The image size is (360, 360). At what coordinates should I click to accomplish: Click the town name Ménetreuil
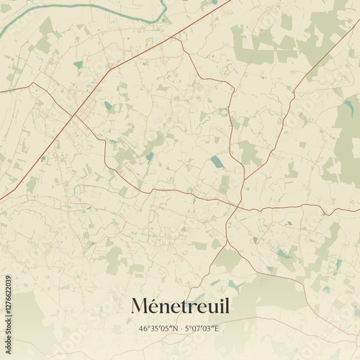(x=180, y=306)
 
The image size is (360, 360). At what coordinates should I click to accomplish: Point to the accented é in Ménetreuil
(x=156, y=306)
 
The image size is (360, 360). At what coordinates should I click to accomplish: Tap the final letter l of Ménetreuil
(x=227, y=306)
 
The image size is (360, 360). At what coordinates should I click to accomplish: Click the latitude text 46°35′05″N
(x=160, y=329)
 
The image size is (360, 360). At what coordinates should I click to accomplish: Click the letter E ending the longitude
(x=217, y=329)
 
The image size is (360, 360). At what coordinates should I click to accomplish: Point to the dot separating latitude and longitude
(x=181, y=329)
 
